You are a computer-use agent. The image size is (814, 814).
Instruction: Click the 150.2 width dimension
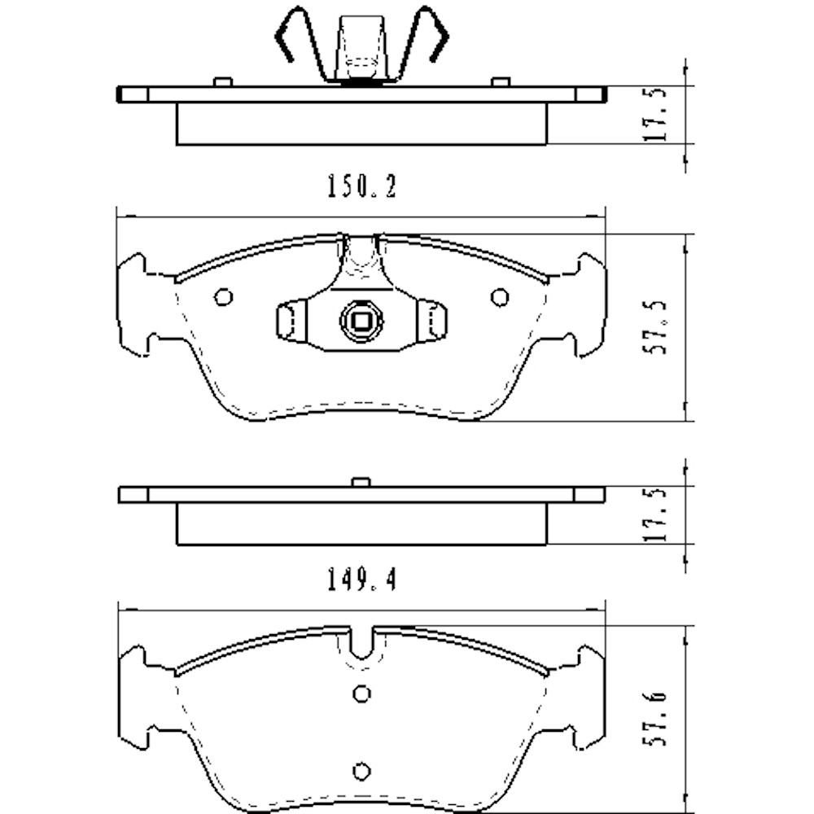(x=361, y=189)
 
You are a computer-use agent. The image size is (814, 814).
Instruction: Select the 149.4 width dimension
(x=361, y=580)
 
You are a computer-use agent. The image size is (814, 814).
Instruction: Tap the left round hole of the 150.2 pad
(x=223, y=297)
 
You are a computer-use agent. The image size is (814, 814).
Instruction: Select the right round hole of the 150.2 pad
(x=499, y=297)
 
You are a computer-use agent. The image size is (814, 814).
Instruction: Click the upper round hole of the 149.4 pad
(x=362, y=693)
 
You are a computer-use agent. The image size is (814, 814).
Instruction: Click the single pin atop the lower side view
(x=361, y=482)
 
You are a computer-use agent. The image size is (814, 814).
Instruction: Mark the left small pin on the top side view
(x=222, y=81)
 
